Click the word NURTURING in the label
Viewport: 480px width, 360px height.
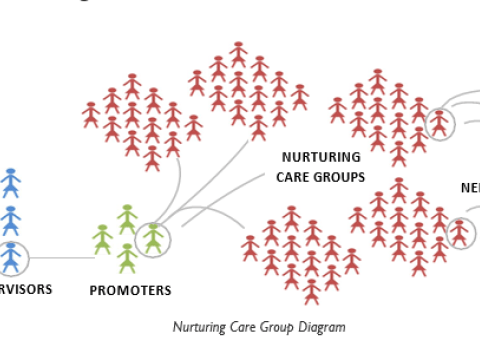pyautogui.click(x=320, y=157)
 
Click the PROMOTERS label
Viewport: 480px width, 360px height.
pyautogui.click(x=131, y=291)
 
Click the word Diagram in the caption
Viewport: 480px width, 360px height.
pyautogui.click(x=324, y=327)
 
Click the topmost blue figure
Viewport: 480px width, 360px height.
pyautogui.click(x=11, y=182)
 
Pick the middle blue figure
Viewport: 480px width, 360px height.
pyautogui.click(x=11, y=220)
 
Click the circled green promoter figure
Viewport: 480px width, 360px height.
pyautogui.click(x=153, y=238)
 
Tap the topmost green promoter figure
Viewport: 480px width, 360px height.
pyautogui.click(x=127, y=219)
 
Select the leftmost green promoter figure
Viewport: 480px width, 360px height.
pyautogui.click(x=102, y=239)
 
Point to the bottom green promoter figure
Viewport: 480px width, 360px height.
pyautogui.click(x=127, y=258)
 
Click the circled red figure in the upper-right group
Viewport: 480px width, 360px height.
pyautogui.click(x=439, y=123)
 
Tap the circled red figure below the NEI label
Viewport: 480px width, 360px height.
pyautogui.click(x=459, y=232)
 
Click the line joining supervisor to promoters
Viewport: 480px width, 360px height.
pyautogui.click(x=62, y=259)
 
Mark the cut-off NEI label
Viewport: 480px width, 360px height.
pyautogui.click(x=469, y=187)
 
